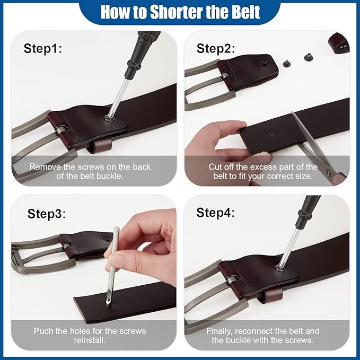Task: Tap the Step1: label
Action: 43,49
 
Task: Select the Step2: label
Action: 216,49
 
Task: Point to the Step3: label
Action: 47,214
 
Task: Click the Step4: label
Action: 216,213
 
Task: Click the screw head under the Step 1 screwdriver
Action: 108,118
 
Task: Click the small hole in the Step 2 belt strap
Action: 271,134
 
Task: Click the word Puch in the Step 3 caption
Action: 43,331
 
